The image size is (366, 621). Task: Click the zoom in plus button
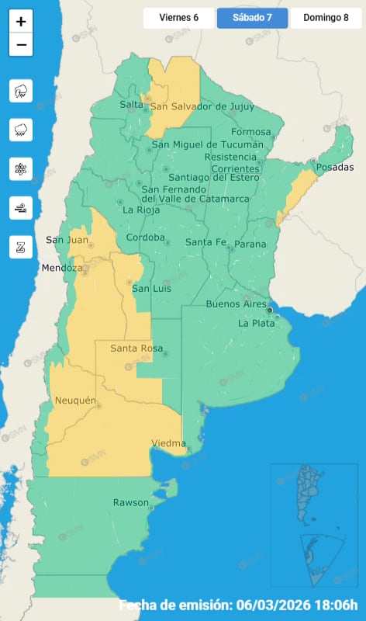coord(21,22)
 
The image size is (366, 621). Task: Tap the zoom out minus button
coord(21,45)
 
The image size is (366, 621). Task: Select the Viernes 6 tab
coord(178,17)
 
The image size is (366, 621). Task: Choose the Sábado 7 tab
coord(252,17)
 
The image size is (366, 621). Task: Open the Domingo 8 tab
coord(326,17)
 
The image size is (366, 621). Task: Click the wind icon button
coord(21,208)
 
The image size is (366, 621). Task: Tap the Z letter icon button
coord(21,247)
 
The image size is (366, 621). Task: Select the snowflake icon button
coord(21,169)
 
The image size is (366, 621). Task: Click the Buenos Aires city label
coord(236,304)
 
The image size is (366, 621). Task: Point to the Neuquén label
coord(75,401)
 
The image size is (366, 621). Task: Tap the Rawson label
coord(130,503)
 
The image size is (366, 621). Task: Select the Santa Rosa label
coord(135,349)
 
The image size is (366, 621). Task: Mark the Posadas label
coord(334,168)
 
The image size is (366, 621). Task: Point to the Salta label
coord(131,105)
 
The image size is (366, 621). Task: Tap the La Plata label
coord(256,323)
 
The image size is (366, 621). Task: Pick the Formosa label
coord(250,132)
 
